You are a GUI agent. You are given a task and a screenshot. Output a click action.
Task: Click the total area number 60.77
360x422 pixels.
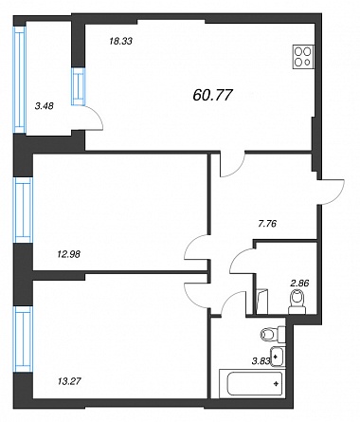click(212, 95)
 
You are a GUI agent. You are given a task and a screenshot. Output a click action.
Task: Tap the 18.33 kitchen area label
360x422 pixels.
click(120, 41)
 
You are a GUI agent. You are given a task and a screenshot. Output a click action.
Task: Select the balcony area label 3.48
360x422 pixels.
click(45, 106)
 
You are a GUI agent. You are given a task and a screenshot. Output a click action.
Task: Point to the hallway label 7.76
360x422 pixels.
click(267, 224)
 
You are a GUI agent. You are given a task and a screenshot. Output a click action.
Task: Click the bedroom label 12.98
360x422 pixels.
click(68, 253)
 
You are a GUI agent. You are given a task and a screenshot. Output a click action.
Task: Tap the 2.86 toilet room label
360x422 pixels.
click(299, 283)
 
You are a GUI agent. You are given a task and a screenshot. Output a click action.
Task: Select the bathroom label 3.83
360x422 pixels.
click(261, 361)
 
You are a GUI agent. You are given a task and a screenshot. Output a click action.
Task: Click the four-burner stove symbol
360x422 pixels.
click(303, 57)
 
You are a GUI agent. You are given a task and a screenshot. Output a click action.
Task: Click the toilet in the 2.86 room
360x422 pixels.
click(297, 303)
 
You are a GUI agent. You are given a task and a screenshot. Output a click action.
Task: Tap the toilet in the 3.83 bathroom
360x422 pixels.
click(273, 334)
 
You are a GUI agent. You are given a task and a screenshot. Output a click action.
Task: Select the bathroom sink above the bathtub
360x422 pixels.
click(278, 357)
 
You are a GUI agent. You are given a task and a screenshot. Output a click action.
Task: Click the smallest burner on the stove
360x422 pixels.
click(307, 63)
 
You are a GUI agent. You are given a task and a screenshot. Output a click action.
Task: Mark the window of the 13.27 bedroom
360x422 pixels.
click(23, 339)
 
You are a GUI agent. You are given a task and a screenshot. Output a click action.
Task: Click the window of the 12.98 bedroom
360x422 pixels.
click(23, 210)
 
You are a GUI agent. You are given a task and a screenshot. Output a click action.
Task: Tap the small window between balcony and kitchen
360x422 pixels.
click(79, 86)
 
